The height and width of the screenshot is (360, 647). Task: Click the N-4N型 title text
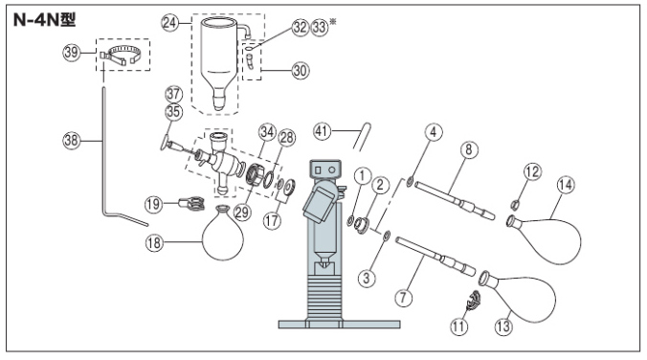pyautogui.click(x=44, y=19)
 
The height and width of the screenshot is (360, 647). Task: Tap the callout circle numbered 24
pyautogui.click(x=170, y=23)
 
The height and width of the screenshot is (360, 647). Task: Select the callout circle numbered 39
pyautogui.click(x=71, y=53)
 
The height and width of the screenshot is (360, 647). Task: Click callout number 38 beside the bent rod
pyautogui.click(x=71, y=141)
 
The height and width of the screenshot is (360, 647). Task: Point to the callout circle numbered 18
pyautogui.click(x=154, y=243)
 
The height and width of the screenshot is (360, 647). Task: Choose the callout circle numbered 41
pyautogui.click(x=323, y=131)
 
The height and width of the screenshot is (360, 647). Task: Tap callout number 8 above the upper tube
pyautogui.click(x=469, y=149)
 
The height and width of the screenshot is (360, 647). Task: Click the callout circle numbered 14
pyautogui.click(x=566, y=185)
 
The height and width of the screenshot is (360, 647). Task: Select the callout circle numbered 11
pyautogui.click(x=458, y=327)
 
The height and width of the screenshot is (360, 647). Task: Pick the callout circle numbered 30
pyautogui.click(x=301, y=71)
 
